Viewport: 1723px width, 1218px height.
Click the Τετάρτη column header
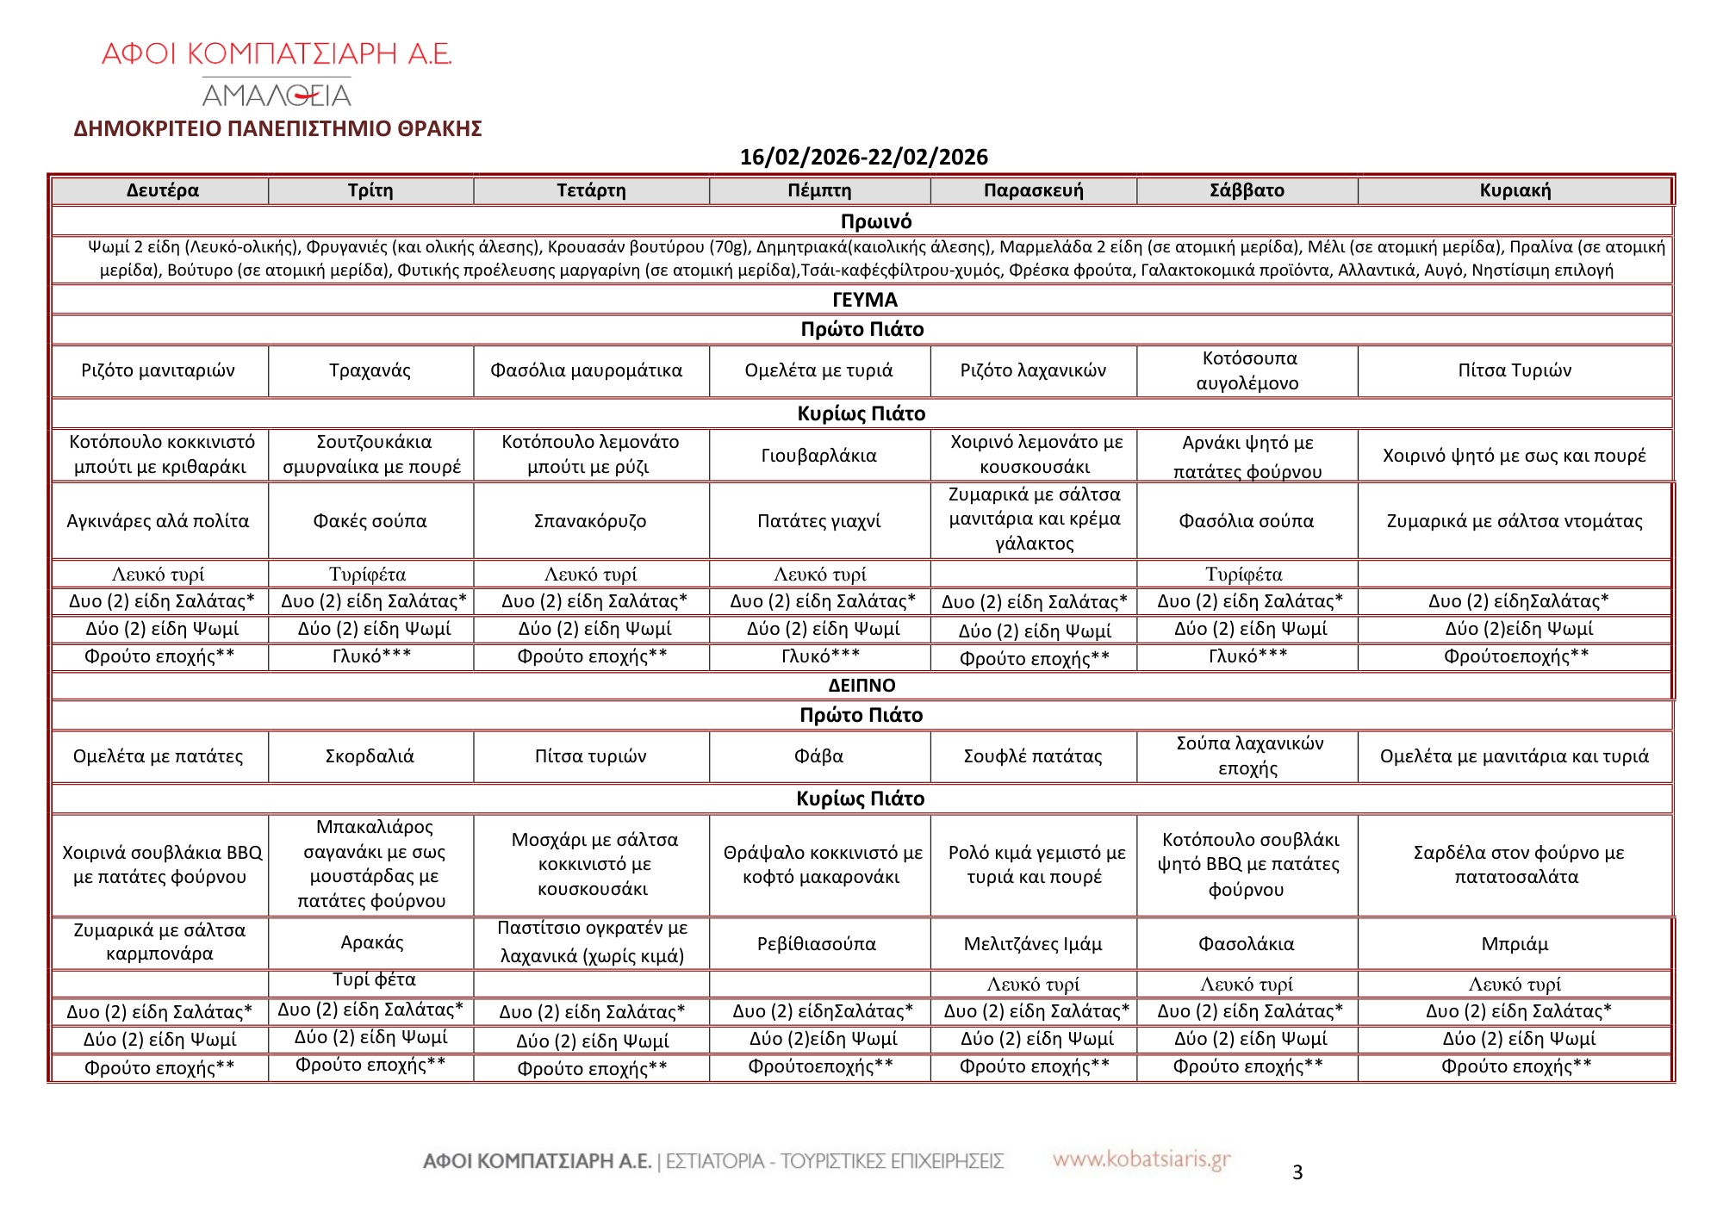pos(591,190)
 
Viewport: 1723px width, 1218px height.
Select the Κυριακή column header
pos(1515,190)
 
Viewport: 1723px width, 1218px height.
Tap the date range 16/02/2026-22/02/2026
pos(863,157)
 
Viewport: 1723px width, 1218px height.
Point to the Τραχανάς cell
pos(370,370)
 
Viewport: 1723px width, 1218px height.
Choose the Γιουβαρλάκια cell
pos(818,456)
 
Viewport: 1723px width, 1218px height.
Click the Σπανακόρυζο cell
pos(590,521)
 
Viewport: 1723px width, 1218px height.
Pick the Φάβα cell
pos(818,756)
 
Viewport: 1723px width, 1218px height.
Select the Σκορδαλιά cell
pos(370,756)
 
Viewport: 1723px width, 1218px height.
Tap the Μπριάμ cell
pos(1515,944)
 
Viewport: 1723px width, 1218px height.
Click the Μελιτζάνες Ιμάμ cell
pos(1033,944)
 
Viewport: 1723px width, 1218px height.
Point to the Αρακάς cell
pos(371,942)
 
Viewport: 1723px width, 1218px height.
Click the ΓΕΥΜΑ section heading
pos(864,300)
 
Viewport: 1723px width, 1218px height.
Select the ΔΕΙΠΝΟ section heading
pos(861,686)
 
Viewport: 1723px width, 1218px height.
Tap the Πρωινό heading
pos(875,221)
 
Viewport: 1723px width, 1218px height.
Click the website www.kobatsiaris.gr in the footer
pos(1141,1159)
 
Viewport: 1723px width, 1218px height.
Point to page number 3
pos(1297,1172)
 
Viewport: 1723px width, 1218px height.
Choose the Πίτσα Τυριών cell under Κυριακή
pos(1515,370)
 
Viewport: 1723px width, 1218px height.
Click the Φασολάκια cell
pos(1246,944)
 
